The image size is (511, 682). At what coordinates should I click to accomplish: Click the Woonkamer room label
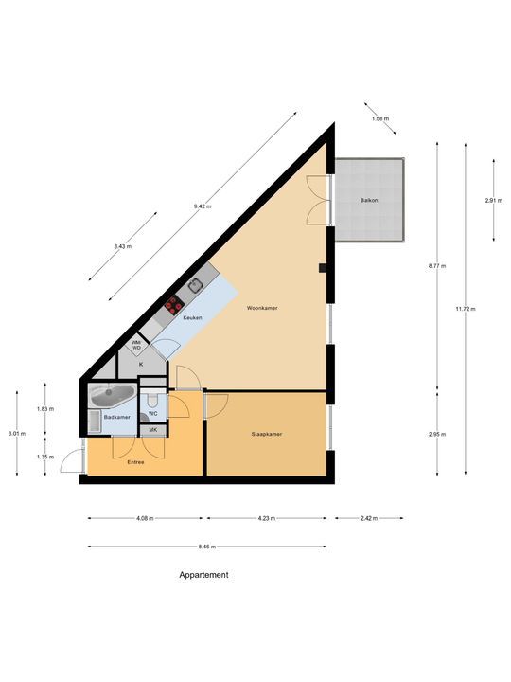point(261,309)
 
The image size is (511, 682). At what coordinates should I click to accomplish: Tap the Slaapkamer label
point(268,435)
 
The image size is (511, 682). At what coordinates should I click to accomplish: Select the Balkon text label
point(369,201)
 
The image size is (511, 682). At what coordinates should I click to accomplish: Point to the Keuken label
point(193,318)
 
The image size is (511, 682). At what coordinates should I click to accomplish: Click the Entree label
point(137,462)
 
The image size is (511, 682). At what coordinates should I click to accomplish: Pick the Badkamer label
point(116,417)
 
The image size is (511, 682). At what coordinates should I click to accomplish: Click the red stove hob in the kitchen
point(174,304)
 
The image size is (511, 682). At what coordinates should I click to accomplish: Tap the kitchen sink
point(196,283)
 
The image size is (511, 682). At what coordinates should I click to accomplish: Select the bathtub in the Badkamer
point(112,394)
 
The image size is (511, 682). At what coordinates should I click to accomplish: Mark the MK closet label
point(153,430)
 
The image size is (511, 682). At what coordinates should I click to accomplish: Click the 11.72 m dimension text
point(465,309)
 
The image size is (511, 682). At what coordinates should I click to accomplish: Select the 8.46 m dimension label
point(206,547)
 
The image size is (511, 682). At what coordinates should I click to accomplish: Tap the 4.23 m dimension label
point(266,519)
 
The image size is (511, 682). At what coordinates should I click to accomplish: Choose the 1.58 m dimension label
point(380,118)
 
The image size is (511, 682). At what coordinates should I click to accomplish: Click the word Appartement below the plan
point(203,575)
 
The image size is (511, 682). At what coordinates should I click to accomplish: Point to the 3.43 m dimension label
point(124,245)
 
